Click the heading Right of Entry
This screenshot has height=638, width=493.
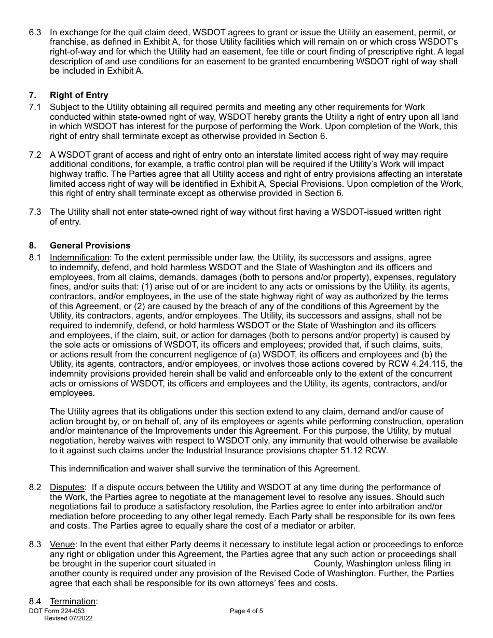tap(79, 95)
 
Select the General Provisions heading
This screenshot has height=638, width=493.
tap(90, 245)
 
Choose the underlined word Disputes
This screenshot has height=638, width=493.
tap(67, 487)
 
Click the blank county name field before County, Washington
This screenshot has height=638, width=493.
tap(264, 564)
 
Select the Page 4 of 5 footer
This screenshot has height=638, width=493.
tap(246, 611)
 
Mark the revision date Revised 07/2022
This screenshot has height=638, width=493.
tap(68, 618)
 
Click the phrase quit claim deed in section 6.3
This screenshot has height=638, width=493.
tap(135, 32)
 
